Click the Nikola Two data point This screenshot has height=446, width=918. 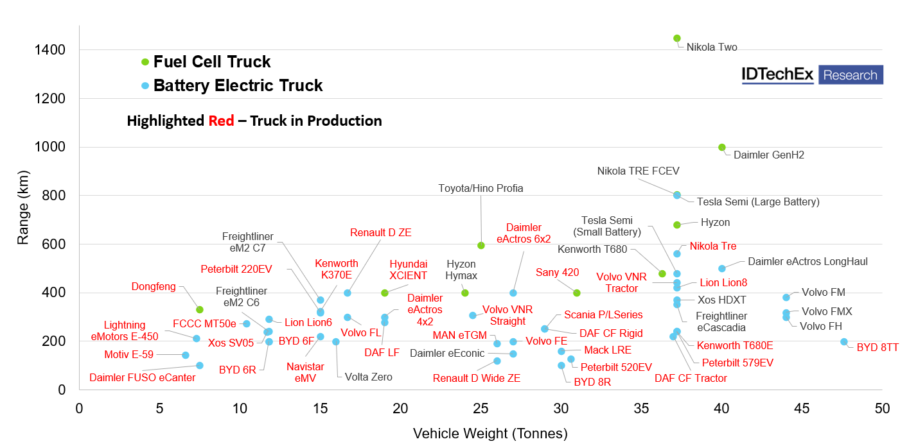pyautogui.click(x=676, y=39)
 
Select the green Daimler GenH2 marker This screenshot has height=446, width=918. pyautogui.click(x=721, y=148)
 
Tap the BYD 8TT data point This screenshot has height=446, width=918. pyautogui.click(x=843, y=342)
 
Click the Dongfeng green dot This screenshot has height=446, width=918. pyautogui.click(x=200, y=310)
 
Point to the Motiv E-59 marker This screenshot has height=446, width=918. pyautogui.click(x=186, y=355)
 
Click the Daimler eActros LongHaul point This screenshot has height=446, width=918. pyautogui.click(x=721, y=269)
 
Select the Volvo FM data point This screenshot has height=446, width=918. pyautogui.click(x=786, y=298)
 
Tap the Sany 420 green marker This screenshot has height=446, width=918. pyautogui.click(x=577, y=293)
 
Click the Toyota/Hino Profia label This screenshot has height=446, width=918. pyautogui.click(x=481, y=188)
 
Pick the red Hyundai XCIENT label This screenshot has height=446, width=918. pyautogui.click(x=408, y=270)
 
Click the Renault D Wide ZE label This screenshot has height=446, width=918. pyautogui.click(x=476, y=378)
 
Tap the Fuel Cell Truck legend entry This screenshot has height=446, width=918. pyautogui.click(x=212, y=62)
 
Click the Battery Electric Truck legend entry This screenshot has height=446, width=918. pyautogui.click(x=238, y=85)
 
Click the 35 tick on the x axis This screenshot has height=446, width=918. pyautogui.click(x=641, y=409)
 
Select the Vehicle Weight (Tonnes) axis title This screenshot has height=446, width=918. pyautogui.click(x=490, y=434)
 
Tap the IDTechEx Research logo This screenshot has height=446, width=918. pyautogui.click(x=812, y=75)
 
